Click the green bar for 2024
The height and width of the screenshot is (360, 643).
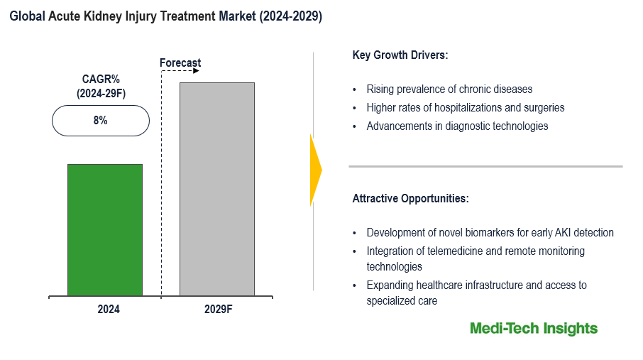pos(105,229)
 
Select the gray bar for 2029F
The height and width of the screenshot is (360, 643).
pos(216,189)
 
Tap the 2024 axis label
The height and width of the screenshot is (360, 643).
pos(109,310)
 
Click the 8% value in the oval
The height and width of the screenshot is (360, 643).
pos(100,121)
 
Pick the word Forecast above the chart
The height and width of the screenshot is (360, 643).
pos(180,63)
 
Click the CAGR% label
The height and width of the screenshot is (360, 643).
pos(100,80)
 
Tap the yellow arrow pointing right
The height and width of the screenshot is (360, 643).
pos(316,170)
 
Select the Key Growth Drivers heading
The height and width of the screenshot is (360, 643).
pos(400,55)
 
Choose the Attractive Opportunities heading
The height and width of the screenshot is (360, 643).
pos(410,199)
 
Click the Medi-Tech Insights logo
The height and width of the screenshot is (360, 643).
pos(534,329)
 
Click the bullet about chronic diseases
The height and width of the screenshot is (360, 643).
pos(449,89)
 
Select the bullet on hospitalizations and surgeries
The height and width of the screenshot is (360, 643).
pos(466,108)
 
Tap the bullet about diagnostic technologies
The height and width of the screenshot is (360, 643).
pos(457,126)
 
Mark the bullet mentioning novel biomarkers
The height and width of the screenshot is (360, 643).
pos(490,233)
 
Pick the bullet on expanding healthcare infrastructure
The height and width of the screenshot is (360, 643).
pos(476,285)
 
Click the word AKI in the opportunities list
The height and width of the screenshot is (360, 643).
pos(563,233)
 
